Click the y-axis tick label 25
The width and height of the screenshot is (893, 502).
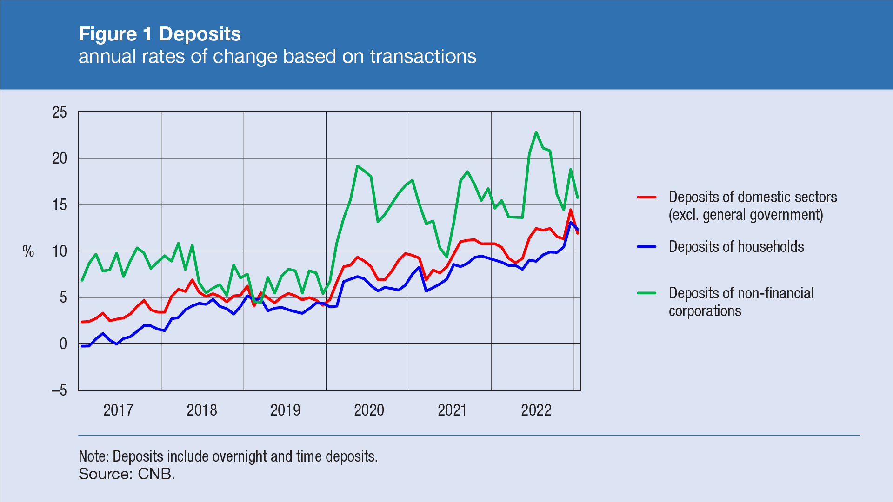(x=60, y=112)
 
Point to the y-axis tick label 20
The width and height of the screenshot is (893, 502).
(x=60, y=159)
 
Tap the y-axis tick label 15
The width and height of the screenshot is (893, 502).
(x=60, y=205)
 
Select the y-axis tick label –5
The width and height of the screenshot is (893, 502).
(x=59, y=390)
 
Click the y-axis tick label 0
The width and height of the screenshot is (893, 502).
(x=63, y=344)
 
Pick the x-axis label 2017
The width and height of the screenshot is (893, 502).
(x=118, y=410)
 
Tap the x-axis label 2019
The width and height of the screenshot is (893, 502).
(x=285, y=410)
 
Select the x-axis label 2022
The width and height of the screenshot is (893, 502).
(x=536, y=410)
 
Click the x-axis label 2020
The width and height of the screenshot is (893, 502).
(x=369, y=410)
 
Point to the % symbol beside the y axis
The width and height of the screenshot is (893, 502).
(x=28, y=251)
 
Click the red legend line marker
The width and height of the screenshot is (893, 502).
(x=646, y=197)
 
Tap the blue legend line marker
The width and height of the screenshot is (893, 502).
(x=646, y=247)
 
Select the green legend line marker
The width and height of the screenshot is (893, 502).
(x=646, y=293)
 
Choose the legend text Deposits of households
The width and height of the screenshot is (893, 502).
(x=736, y=247)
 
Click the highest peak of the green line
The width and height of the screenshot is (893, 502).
(x=536, y=132)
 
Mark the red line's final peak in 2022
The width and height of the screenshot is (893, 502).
(x=571, y=210)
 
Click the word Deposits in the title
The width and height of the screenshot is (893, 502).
(x=200, y=34)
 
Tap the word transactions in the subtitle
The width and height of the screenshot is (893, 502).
(x=423, y=56)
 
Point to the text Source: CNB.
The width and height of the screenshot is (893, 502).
(x=127, y=474)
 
